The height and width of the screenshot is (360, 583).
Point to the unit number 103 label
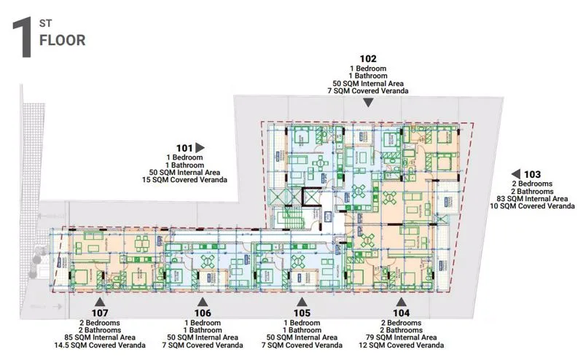532,174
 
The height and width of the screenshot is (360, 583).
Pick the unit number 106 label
203,313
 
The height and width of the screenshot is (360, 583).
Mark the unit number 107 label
100,313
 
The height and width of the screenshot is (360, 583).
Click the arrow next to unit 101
200,147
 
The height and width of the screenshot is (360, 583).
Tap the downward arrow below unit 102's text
369,103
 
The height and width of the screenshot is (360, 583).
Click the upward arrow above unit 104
399,301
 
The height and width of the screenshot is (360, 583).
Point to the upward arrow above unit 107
100,301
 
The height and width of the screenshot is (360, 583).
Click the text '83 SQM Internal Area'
531,198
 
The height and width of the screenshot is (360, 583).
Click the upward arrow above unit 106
203,301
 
